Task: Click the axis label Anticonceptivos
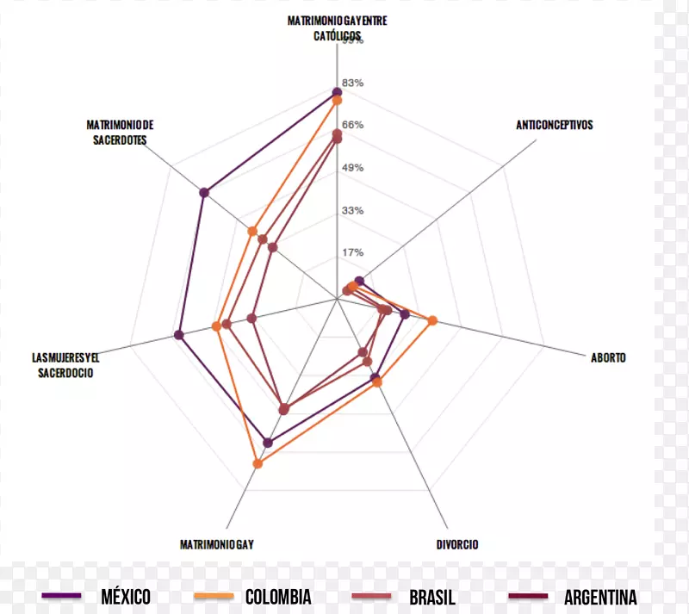pyautogui.click(x=555, y=125)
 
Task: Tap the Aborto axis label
pyautogui.click(x=608, y=357)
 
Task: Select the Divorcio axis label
pyautogui.click(x=457, y=544)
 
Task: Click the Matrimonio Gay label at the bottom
pyautogui.click(x=216, y=544)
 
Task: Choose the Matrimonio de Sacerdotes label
pyautogui.click(x=120, y=132)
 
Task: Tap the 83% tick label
pyautogui.click(x=353, y=83)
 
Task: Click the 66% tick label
pyautogui.click(x=353, y=125)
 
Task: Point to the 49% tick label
pyautogui.click(x=353, y=167)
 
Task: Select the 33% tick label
pyautogui.click(x=353, y=210)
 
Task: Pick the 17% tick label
pyautogui.click(x=353, y=252)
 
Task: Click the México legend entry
pyautogui.click(x=125, y=597)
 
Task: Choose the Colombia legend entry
pyautogui.click(x=277, y=597)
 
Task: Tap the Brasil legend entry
pyautogui.click(x=431, y=597)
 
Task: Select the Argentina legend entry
pyautogui.click(x=600, y=597)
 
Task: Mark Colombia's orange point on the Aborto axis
pyautogui.click(x=432, y=321)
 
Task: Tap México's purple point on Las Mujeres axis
pyautogui.click(x=179, y=335)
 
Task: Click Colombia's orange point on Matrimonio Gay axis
pyautogui.click(x=258, y=464)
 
